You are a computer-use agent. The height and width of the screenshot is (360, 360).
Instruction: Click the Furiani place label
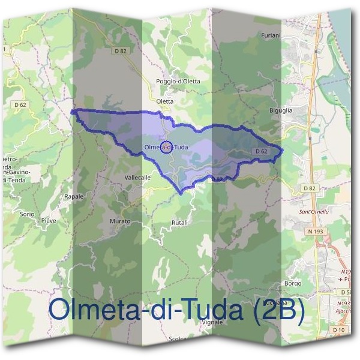coord(271,35)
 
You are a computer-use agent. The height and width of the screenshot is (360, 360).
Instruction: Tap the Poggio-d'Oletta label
coord(178,81)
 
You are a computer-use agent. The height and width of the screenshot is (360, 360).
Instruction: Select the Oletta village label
coord(164,101)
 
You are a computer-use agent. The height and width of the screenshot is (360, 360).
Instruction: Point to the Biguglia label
coord(281,110)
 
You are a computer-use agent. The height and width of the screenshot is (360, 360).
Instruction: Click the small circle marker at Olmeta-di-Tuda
coord(167,147)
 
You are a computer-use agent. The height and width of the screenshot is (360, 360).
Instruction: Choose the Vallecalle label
coord(137,178)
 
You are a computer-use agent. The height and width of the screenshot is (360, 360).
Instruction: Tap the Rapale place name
coord(74,196)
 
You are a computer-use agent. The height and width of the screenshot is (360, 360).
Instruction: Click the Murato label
coord(120,221)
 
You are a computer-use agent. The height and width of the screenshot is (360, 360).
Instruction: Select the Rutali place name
coord(179,223)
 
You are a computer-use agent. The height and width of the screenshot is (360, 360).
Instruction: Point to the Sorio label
coord(27,214)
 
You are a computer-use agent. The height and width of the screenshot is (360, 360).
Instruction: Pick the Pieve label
coord(49,221)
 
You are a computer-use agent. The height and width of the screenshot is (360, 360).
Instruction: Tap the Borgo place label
coord(293,283)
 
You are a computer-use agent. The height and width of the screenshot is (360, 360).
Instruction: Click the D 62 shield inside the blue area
coord(260,151)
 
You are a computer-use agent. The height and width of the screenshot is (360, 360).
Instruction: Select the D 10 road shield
coord(338,331)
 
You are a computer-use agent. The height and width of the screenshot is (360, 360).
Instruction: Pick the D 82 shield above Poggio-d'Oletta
coord(121,52)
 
